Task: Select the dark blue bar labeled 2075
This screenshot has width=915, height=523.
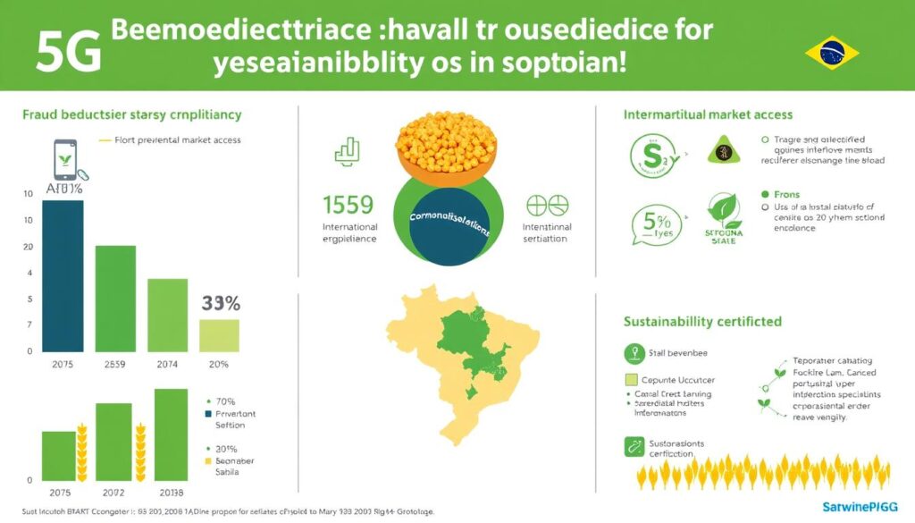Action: coord(63,275)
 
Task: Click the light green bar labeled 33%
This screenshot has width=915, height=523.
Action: coord(219,334)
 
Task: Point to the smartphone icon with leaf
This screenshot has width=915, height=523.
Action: coord(64,164)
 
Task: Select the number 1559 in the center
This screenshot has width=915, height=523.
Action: coord(348,205)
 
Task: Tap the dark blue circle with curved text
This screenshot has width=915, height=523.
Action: coord(447,228)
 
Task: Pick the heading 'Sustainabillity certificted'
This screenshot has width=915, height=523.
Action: coord(701,321)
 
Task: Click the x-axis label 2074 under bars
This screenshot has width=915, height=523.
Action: coord(167,365)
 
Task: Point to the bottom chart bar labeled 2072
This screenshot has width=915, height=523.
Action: coord(113,443)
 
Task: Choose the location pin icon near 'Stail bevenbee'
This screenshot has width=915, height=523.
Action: coord(634,352)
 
